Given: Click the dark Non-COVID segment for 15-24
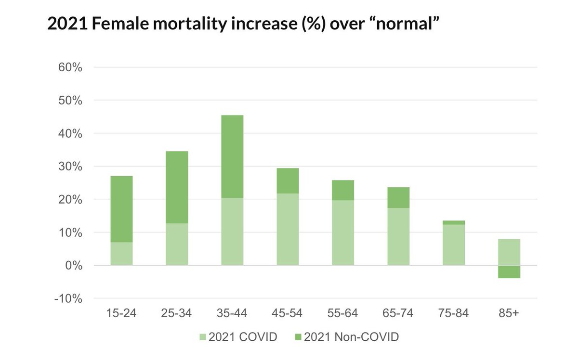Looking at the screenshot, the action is coord(121,209).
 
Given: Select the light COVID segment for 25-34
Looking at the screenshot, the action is coord(177,244).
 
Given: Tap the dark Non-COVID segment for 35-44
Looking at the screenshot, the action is coord(232,156).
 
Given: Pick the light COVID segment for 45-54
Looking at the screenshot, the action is coord(288,230).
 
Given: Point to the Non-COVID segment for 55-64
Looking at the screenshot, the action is coord(343,190).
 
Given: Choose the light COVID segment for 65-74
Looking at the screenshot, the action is coord(398,237).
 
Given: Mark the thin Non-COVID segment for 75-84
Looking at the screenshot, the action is coord(454,222).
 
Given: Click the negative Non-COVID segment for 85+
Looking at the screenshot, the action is coord(509,272).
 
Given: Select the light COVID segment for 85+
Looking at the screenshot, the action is coord(509,252).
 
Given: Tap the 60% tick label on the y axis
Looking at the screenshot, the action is coord(70,67).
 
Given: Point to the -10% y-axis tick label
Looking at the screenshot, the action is coord(68,299).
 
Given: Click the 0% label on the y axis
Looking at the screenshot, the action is coord(74,266).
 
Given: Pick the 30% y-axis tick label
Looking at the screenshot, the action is coord(70,167).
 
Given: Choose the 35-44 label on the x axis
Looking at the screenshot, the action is coord(232,313).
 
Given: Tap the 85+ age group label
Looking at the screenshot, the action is coord(509,313).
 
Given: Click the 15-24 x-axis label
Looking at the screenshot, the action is coord(121,313).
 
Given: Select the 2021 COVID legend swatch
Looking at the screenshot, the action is coord(203,337).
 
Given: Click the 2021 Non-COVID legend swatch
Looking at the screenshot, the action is coord(298,337).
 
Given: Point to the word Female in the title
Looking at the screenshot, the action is coord(120,24).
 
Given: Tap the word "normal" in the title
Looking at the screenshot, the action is coord(407,24).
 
